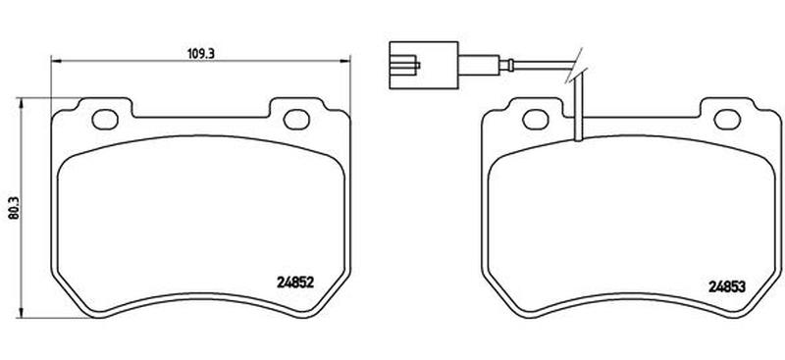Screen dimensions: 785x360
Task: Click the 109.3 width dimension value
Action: coord(201,54)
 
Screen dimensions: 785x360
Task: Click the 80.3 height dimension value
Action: coord(14,207)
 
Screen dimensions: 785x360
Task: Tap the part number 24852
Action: coord(295,283)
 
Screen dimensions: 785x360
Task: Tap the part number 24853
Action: coord(727,286)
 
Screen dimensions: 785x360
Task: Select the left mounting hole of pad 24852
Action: coord(105,119)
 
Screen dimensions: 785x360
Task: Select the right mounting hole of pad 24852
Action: coord(296,119)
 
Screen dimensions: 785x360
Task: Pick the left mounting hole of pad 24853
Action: coord(536,119)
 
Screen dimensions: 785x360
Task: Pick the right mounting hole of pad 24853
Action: coord(727,119)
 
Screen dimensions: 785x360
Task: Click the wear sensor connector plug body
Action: coord(424,65)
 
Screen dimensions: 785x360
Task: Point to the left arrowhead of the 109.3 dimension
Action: coord(56,61)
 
